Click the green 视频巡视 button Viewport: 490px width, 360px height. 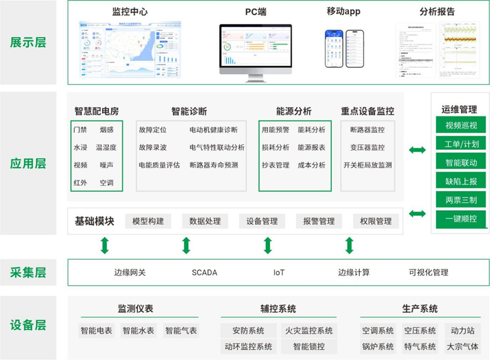click(461, 125)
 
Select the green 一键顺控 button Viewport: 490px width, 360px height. click(461, 219)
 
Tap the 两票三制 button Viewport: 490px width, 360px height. click(461, 200)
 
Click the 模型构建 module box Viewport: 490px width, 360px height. click(148, 221)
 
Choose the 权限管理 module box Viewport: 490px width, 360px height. click(375, 221)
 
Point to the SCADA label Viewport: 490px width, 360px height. click(204, 273)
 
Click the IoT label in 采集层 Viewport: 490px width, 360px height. click(279, 273)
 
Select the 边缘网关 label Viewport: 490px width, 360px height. click(130, 273)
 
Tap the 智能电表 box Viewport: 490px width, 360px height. click(96, 330)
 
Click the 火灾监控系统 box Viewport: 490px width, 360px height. click(309, 330)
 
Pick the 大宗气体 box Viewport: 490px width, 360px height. click(462, 346)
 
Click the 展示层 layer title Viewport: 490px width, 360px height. click(28, 43)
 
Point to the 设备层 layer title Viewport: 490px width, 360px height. click(28, 325)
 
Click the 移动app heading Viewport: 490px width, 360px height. click(343, 11)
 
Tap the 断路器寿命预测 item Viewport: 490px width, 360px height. click(214, 166)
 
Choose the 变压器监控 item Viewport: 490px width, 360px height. click(367, 147)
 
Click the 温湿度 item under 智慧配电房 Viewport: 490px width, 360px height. click(106, 147)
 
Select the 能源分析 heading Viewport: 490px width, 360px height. click(293, 111)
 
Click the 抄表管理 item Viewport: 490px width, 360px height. click(275, 166)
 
